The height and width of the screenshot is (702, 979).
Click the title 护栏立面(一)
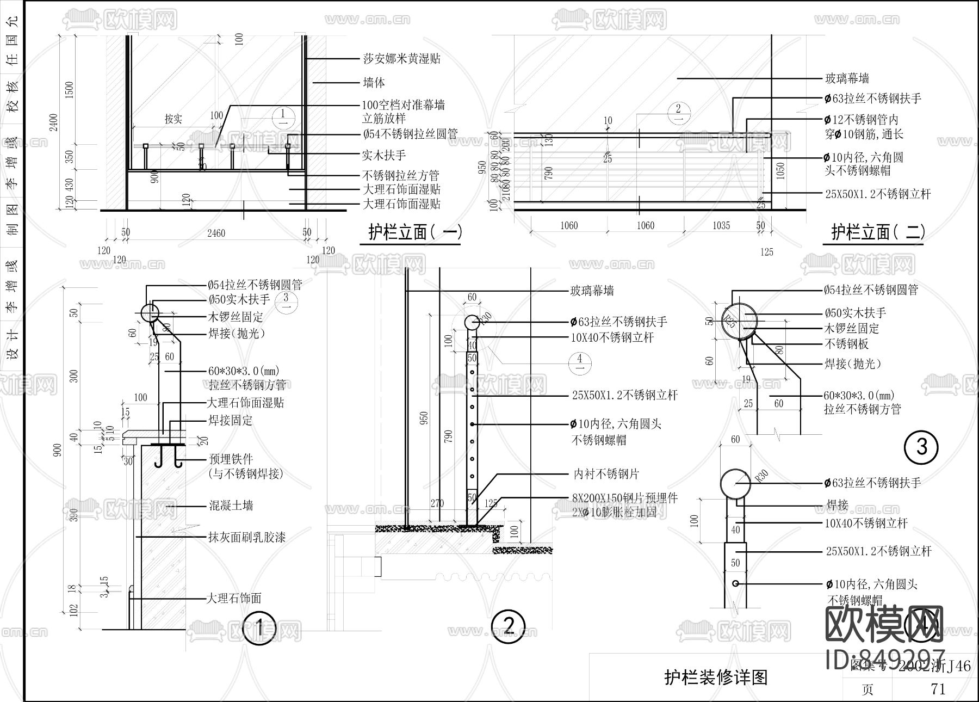tap(415, 232)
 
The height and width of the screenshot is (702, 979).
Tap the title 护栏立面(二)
tap(877, 232)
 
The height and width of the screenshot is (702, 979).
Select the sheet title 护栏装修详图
tap(715, 677)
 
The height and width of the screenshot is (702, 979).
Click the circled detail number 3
tap(922, 447)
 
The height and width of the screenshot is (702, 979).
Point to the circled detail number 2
tap(508, 625)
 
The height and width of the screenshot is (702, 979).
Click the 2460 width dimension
tap(216, 233)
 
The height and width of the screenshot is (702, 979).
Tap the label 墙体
tap(374, 83)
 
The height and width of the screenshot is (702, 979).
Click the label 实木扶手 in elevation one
tap(384, 155)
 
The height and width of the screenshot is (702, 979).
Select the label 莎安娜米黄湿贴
tap(401, 59)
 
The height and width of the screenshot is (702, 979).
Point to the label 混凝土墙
tap(231, 506)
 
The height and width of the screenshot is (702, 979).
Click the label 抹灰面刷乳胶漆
tap(247, 538)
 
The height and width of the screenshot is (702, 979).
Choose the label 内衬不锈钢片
tap(606, 474)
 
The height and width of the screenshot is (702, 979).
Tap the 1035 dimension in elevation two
tap(721, 225)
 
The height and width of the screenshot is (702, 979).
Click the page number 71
tap(938, 689)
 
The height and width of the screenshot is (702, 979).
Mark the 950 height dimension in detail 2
tap(424, 417)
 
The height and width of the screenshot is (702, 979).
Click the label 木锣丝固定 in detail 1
tap(236, 317)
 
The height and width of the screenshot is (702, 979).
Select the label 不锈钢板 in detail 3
tap(846, 344)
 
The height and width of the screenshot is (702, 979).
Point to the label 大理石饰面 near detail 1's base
tap(234, 599)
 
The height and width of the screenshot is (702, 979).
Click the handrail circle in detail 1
tap(149, 313)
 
